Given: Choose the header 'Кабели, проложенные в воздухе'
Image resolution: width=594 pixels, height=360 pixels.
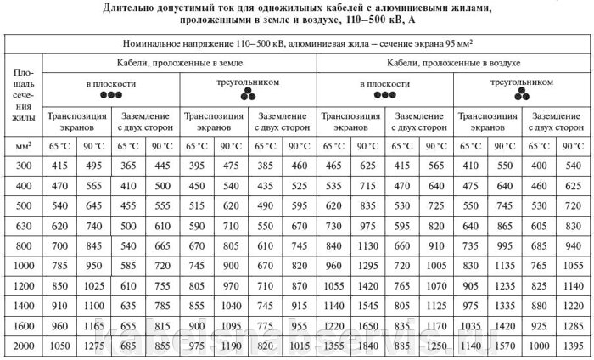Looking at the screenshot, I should (455, 64).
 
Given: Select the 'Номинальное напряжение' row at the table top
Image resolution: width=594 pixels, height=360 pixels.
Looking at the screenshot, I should (297, 44).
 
